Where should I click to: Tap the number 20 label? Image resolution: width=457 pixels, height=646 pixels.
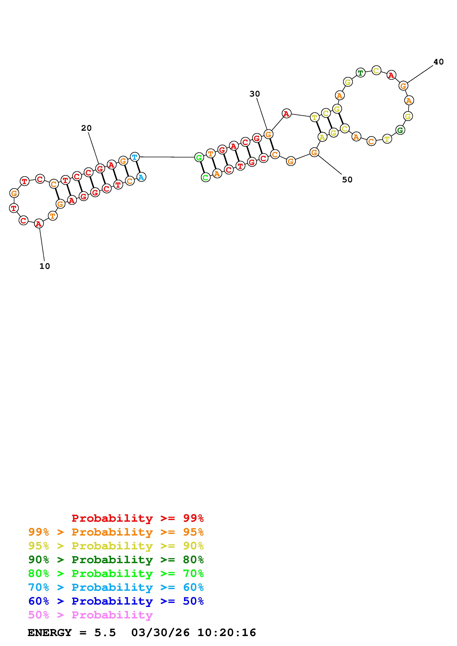point(86,128)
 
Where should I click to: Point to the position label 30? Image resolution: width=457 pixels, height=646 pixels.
point(255,94)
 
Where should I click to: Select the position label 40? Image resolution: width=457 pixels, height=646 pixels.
point(438,62)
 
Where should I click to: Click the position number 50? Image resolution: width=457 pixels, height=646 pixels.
point(347,180)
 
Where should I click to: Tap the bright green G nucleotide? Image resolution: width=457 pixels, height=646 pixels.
point(199,157)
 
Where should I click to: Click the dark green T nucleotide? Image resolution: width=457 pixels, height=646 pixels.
point(360,73)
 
